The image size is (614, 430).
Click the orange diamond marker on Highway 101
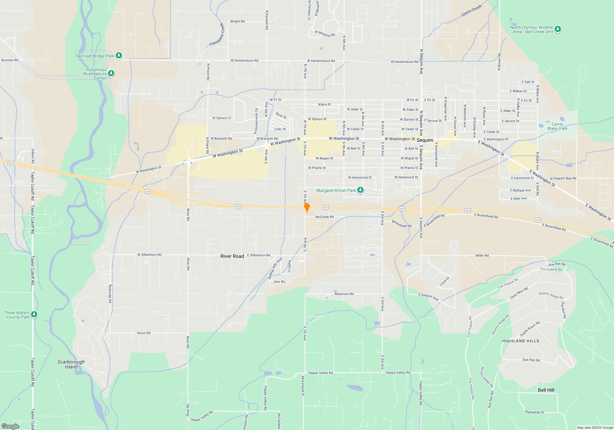coord(307,207)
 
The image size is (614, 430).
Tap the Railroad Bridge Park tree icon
coord(119,55)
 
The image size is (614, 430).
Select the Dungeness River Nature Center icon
coord(111,73)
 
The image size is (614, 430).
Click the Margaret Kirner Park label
coord(336,191)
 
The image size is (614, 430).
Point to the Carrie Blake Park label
coord(557,127)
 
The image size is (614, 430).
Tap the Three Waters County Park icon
coord(34,314)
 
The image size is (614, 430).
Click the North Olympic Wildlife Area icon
coord(558,29)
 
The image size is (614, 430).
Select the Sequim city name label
coord(425,140)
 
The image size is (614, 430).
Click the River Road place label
coord(232,256)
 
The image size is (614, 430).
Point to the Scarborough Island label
coord(71,364)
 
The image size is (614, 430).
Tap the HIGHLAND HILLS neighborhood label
coord(520,341)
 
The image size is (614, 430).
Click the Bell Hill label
coord(546,390)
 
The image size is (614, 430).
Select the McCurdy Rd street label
coord(324,217)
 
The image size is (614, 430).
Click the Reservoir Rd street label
coord(344,294)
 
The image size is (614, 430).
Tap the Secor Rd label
coord(144,333)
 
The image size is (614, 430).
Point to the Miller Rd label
coord(482,256)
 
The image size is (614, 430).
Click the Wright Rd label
coord(237,21)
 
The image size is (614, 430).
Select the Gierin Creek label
coord(472,11)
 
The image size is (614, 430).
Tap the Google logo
coord(10,426)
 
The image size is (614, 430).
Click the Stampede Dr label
coord(534,412)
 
